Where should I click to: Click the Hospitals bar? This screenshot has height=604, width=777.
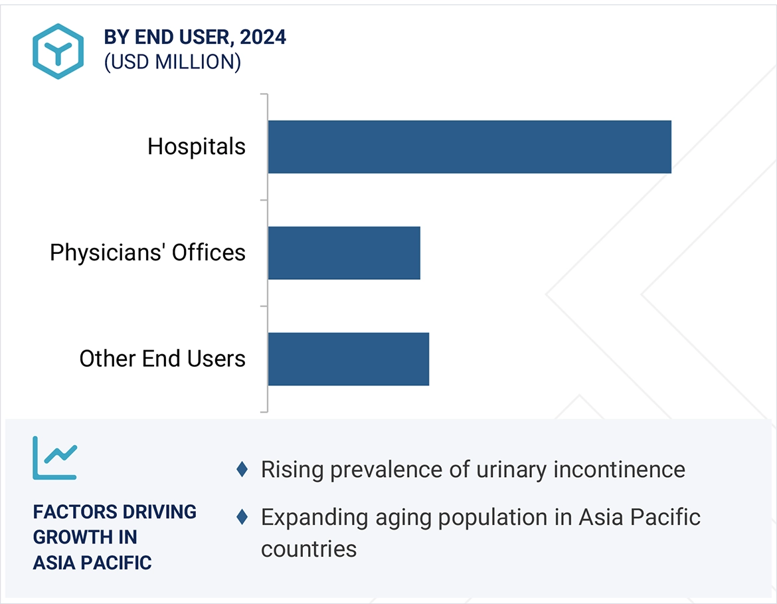point(470,147)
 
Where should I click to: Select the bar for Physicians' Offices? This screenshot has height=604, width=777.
point(344,252)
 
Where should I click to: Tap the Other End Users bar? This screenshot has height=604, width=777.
point(349,359)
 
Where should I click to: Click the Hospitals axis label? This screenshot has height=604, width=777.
point(197,147)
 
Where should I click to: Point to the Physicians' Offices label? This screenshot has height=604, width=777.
point(147,252)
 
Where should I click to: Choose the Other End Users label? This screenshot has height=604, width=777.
point(162,359)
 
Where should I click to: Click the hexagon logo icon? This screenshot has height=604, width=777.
point(58,51)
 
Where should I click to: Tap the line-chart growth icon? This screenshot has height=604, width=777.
point(55,458)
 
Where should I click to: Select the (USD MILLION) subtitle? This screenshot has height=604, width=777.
point(172,62)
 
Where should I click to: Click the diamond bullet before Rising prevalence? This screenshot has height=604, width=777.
point(242,470)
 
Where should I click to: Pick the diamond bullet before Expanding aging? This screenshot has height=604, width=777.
point(242,517)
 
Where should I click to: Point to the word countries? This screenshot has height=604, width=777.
point(309,549)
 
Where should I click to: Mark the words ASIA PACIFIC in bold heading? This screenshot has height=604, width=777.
point(92,562)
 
